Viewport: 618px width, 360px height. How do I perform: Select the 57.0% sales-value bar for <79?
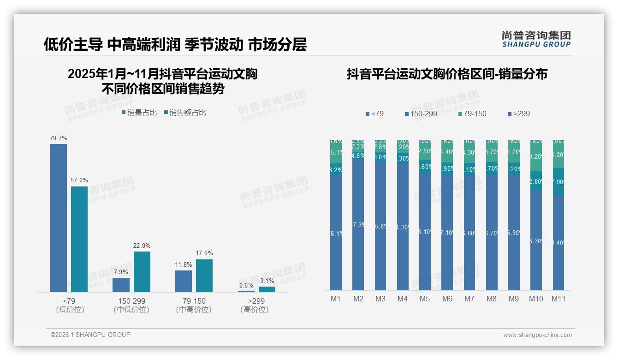[x=79, y=239]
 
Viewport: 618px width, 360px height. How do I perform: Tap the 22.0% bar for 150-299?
[x=142, y=271]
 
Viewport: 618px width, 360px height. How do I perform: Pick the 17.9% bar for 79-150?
[x=204, y=276]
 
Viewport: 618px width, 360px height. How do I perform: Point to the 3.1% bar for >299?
[x=267, y=289]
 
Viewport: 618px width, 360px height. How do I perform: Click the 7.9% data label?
[x=121, y=272]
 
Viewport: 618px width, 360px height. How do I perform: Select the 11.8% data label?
[x=184, y=264]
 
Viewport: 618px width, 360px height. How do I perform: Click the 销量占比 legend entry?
[x=139, y=113]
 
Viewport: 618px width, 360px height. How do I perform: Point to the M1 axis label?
[x=336, y=299]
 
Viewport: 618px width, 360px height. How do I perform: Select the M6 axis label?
[x=447, y=299]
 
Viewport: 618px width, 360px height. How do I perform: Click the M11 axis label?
[x=559, y=299]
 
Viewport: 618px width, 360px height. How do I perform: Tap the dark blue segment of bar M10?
[x=536, y=240]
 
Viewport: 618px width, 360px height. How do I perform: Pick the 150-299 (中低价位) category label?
[x=131, y=305]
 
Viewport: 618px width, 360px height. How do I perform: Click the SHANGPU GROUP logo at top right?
[x=536, y=39]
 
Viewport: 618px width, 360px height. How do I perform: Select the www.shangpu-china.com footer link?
[x=537, y=335]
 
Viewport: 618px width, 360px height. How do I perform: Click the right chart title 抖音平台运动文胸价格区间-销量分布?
[x=447, y=74]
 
